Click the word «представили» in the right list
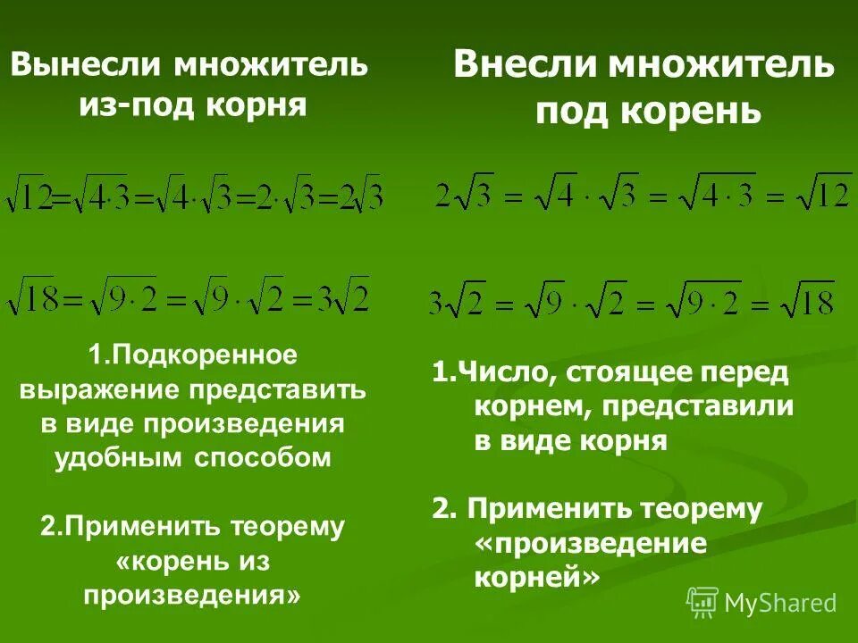tap(698, 407)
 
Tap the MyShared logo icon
tap(702, 602)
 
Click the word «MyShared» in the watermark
tap(780, 603)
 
